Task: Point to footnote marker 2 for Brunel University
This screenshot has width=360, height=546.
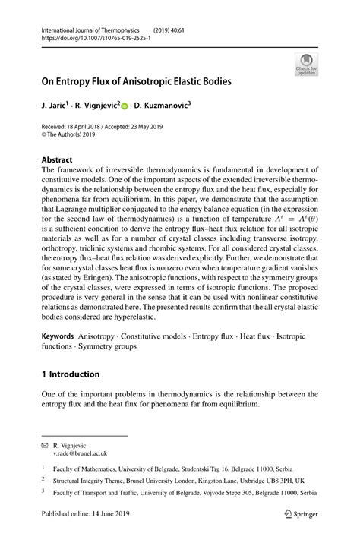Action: [x=44, y=480]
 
